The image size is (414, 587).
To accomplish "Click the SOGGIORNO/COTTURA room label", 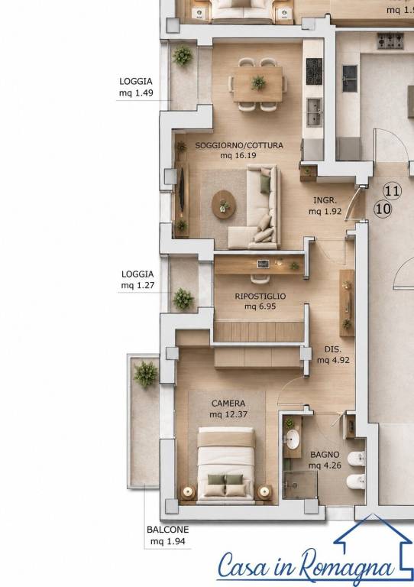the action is coord(239,145).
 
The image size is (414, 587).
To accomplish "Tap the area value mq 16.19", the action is coord(238,155).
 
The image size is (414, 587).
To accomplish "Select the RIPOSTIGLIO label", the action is coord(260,296).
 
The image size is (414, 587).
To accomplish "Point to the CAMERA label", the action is coord(228,404).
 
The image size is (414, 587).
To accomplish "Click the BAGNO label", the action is coord(325,455).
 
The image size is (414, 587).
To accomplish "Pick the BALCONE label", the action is coord(168,530).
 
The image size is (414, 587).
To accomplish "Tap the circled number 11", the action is coord(393,191).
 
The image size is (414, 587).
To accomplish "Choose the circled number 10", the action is coord(383,209).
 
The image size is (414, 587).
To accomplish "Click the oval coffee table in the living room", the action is coord(224,204).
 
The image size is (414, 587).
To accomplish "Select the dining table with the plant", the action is coord(258,84).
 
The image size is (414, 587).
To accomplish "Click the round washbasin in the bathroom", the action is coord(291,439).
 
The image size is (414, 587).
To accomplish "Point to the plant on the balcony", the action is coord(146,375).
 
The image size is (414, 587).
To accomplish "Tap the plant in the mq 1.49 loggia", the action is coord(183,56).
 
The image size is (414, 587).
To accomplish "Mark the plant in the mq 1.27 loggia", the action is coord(183,299).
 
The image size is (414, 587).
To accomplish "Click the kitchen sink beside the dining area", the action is coord(314,112).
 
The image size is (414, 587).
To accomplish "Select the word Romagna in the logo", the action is coord(347,569).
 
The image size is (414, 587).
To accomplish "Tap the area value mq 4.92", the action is coord(333,361).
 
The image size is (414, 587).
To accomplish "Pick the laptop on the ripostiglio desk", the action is coord(264,264).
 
